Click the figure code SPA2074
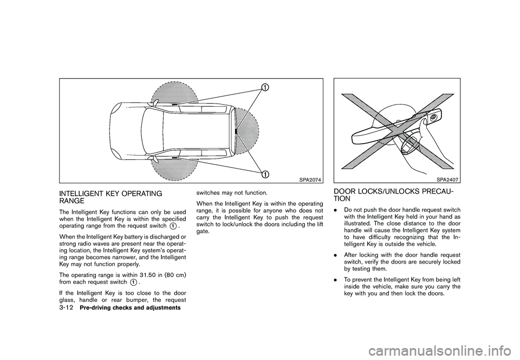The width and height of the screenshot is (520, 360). [309, 180]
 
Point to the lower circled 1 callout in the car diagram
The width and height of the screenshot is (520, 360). [266, 173]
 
